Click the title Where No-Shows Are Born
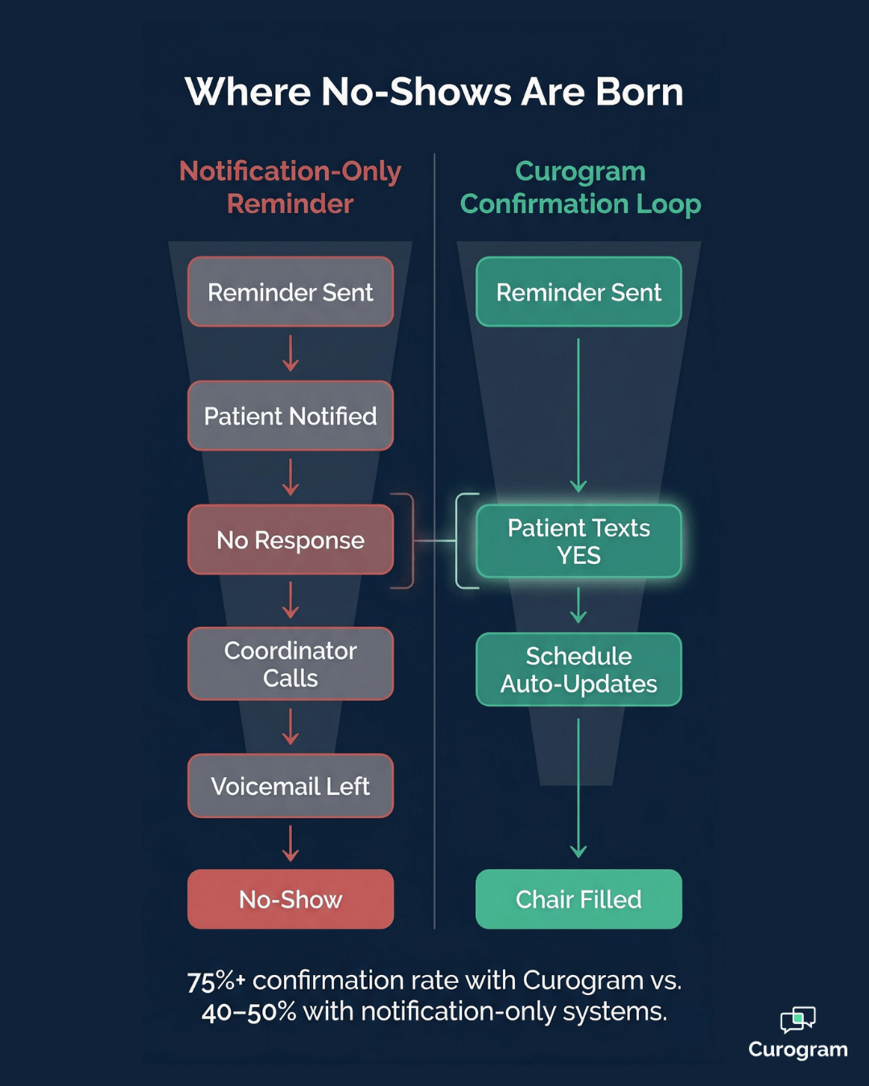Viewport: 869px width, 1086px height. pyautogui.click(x=434, y=92)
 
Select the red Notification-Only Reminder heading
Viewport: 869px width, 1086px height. pyautogui.click(x=290, y=187)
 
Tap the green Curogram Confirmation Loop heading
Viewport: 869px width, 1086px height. pyautogui.click(x=580, y=187)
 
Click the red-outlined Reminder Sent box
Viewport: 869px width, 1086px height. pyautogui.click(x=290, y=292)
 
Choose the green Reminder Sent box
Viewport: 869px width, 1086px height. pyautogui.click(x=579, y=292)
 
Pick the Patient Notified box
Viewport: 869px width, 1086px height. pyautogui.click(x=290, y=416)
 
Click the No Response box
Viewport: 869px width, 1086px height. pyautogui.click(x=290, y=540)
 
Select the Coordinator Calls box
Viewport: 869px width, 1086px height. pyautogui.click(x=290, y=664)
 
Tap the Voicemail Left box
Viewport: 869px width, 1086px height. pyautogui.click(x=290, y=786)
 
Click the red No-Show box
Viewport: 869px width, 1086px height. pyautogui.click(x=290, y=899)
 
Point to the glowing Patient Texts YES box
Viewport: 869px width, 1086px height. pyautogui.click(x=579, y=541)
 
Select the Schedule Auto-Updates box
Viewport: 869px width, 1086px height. pyautogui.click(x=579, y=669)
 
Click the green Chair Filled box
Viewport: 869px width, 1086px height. pyautogui.click(x=579, y=899)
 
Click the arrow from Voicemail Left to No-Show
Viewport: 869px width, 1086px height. pyautogui.click(x=290, y=843)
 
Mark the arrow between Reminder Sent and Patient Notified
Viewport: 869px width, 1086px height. pyautogui.click(x=290, y=354)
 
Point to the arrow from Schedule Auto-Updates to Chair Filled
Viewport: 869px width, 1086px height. pyautogui.click(x=579, y=788)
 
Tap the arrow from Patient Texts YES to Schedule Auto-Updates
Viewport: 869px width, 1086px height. pyautogui.click(x=579, y=605)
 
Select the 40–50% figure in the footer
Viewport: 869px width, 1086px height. pyautogui.click(x=249, y=1012)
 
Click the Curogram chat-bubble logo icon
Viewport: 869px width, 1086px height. pyautogui.click(x=797, y=1020)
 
